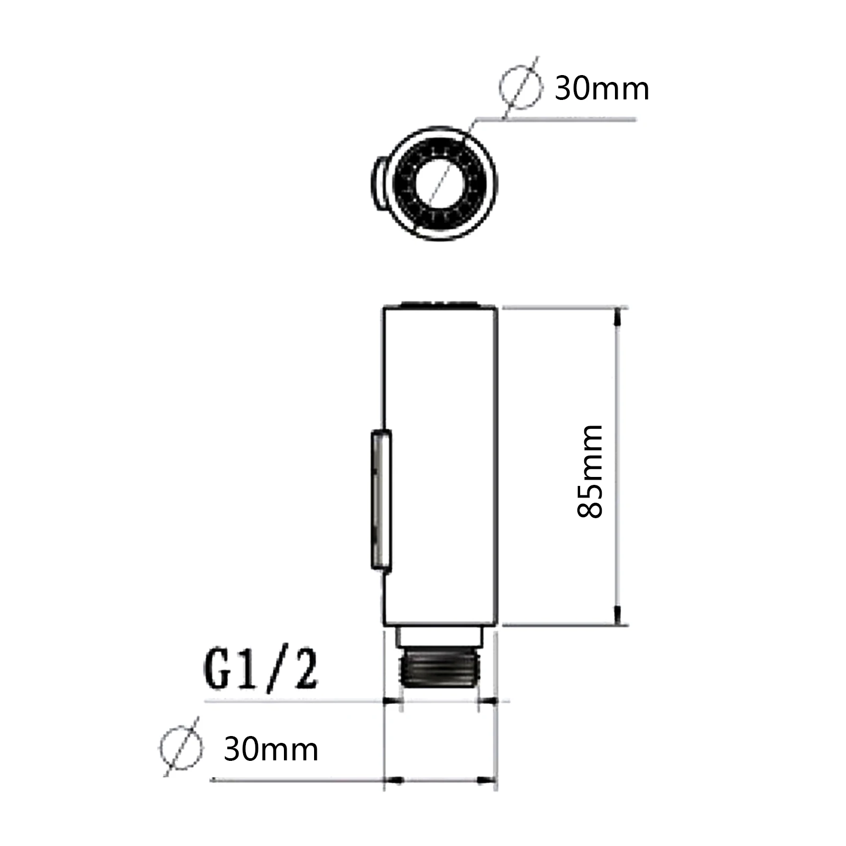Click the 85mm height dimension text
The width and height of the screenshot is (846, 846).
[x=591, y=470]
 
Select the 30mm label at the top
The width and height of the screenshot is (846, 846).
[x=601, y=89]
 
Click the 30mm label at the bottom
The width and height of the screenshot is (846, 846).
[x=271, y=749]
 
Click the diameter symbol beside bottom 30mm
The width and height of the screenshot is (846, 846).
[x=181, y=747]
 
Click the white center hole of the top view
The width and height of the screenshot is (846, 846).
[x=440, y=181]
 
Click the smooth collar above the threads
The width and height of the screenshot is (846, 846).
[x=440, y=637]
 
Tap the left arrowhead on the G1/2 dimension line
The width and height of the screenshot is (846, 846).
[x=391, y=701]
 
